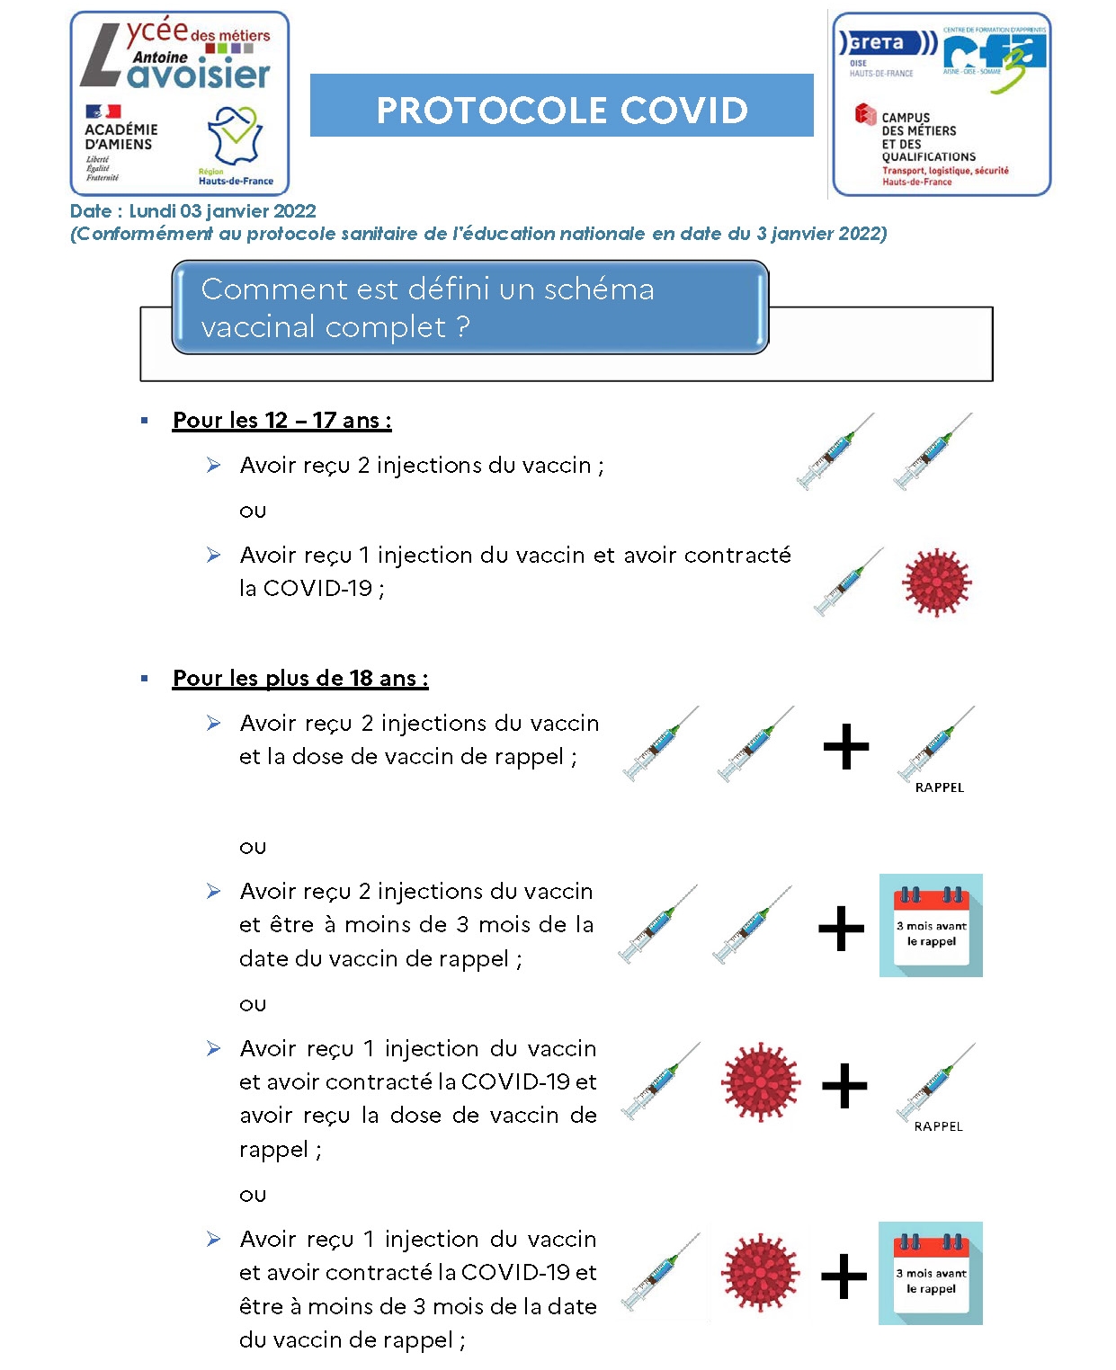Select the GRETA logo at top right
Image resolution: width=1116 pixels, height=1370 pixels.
886,44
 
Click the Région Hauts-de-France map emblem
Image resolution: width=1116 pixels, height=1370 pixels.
235,135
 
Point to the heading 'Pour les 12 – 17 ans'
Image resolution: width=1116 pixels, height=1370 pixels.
281,421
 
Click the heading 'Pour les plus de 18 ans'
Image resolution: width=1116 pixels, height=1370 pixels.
300,679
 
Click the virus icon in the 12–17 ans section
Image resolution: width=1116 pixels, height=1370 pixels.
936,582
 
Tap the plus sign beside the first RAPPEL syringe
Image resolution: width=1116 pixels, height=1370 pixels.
845,747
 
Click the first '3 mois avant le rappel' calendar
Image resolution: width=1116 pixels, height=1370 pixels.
931,925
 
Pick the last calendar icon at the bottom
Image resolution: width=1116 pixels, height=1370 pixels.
931,1273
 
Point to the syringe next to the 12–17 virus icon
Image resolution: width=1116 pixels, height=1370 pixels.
847,582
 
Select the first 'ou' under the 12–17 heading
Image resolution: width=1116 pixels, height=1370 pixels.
253,512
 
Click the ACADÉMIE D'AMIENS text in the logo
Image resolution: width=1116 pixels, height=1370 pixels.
121,137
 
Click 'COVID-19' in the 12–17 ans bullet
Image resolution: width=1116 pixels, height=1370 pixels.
317,589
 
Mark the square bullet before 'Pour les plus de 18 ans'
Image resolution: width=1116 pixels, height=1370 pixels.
145,678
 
